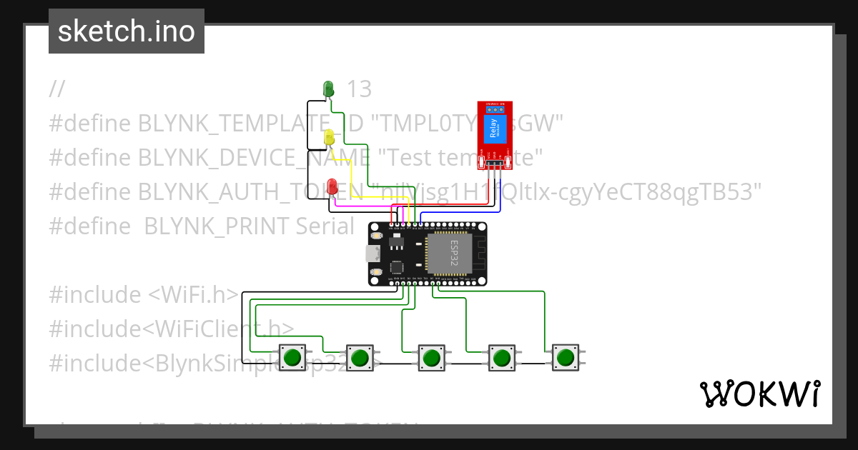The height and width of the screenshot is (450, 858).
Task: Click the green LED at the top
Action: point(329,89)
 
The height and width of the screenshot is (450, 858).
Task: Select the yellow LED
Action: point(330,137)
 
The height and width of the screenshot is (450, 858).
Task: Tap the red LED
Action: point(332,187)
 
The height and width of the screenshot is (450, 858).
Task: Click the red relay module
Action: point(495,136)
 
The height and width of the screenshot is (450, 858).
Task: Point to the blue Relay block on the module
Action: point(495,130)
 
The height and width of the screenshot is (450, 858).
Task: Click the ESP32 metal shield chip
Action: point(450,254)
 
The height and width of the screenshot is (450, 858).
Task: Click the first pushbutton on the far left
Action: point(292,357)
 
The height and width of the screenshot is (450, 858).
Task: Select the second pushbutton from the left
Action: point(360,357)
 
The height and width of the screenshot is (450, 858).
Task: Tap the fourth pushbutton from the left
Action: point(501,357)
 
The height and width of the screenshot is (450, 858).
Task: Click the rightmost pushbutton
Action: point(566,356)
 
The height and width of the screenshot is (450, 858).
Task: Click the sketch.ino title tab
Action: point(127,31)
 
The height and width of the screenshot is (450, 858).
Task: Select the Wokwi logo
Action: point(759,394)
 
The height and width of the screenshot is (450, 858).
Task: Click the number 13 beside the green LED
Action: point(360,89)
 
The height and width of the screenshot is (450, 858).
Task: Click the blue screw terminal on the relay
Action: point(495,109)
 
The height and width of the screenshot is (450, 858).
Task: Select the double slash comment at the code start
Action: point(57,89)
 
